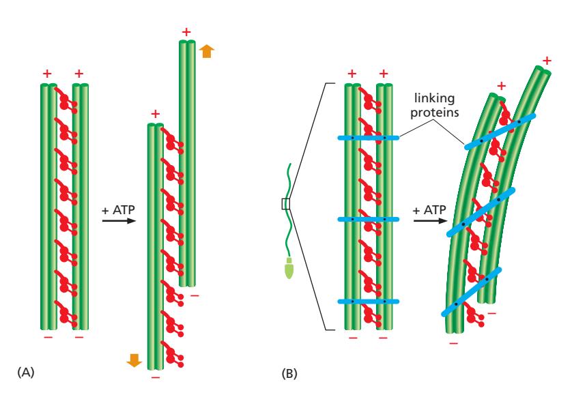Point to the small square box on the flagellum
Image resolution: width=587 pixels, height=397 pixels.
point(286,203)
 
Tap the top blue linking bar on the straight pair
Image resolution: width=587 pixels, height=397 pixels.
point(368,138)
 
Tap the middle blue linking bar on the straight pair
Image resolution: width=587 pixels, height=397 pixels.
point(368,220)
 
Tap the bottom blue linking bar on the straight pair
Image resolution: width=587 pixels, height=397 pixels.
point(368,302)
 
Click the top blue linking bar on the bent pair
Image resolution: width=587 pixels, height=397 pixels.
point(499,132)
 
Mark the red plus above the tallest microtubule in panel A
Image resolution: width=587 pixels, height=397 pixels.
point(186,31)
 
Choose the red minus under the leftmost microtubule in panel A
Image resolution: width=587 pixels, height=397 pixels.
point(47,336)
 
